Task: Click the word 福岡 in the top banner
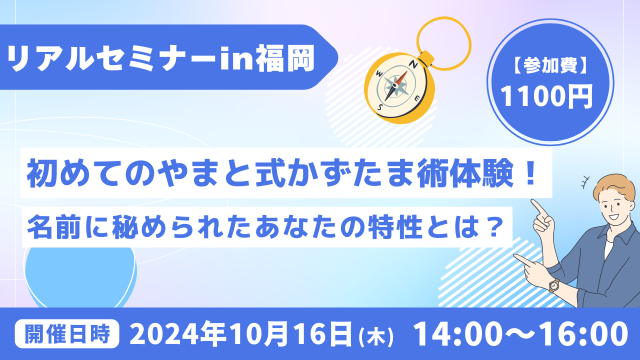(x=285, y=58)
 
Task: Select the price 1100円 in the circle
(x=547, y=96)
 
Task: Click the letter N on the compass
(x=413, y=64)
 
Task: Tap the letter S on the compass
(x=380, y=107)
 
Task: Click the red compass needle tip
(x=406, y=71)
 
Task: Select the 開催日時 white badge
(x=67, y=333)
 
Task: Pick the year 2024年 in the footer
(x=178, y=333)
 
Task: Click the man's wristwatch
(x=553, y=285)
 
